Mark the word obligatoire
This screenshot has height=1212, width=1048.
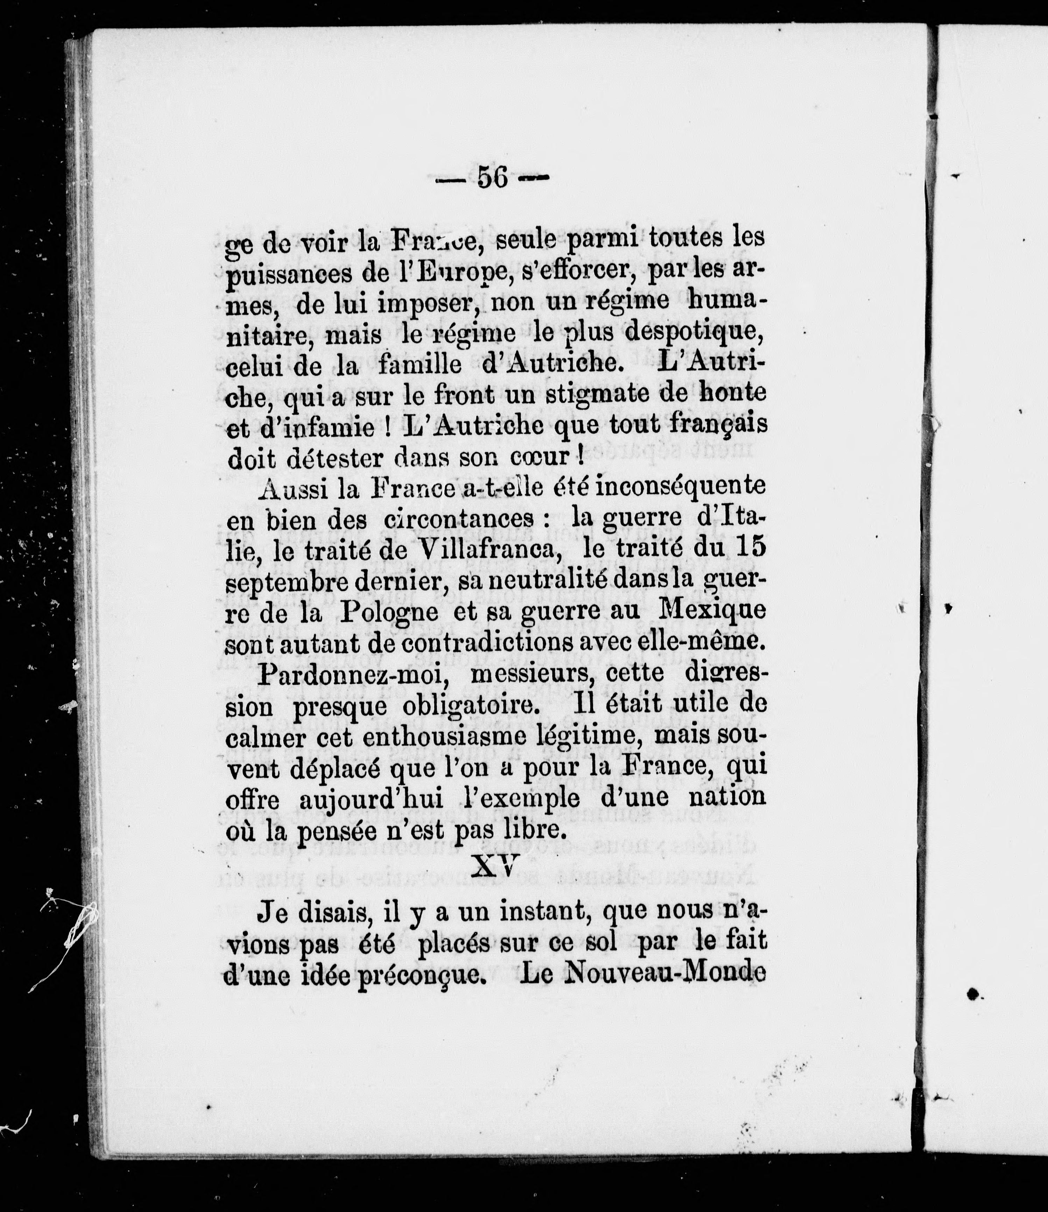click(469, 705)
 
